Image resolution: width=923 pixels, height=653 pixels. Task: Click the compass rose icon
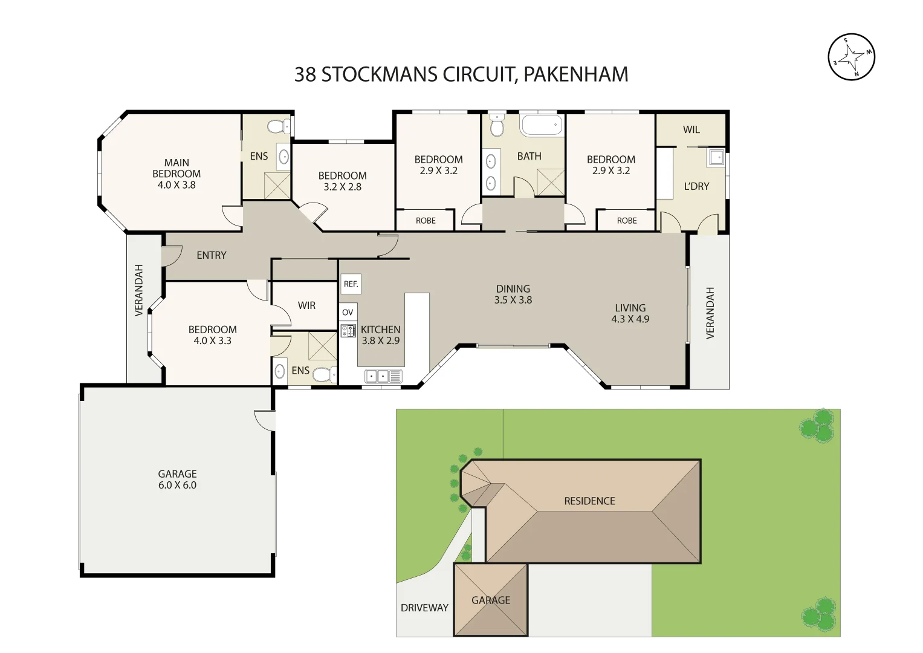pyautogui.click(x=851, y=57)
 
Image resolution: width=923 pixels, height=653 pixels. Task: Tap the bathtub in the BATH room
pyautogui.click(x=541, y=126)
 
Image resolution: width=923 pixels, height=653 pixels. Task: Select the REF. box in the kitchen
pyautogui.click(x=351, y=284)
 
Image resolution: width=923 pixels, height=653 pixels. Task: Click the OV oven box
pyautogui.click(x=348, y=312)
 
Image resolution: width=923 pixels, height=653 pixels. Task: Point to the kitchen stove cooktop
pyautogui.click(x=348, y=331)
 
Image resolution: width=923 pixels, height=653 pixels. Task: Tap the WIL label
pyautogui.click(x=691, y=129)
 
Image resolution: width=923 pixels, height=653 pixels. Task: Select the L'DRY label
pyautogui.click(x=696, y=186)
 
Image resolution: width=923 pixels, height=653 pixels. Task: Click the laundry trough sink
pyautogui.click(x=716, y=157)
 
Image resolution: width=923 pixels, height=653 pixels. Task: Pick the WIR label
pyautogui.click(x=306, y=305)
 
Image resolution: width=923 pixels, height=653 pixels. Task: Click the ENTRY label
pyautogui.click(x=212, y=255)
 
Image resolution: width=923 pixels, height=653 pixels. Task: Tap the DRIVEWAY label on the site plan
pyautogui.click(x=424, y=608)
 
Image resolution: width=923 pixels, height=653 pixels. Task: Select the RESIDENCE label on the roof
pyautogui.click(x=589, y=501)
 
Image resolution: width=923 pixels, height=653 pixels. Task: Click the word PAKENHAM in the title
pyautogui.click(x=575, y=74)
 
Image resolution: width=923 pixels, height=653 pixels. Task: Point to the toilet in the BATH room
pyautogui.click(x=497, y=126)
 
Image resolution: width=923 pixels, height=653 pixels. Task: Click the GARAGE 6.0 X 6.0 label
pyautogui.click(x=177, y=479)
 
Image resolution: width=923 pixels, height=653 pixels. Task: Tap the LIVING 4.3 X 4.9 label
pyautogui.click(x=630, y=313)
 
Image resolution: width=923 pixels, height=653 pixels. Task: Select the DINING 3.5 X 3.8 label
pyautogui.click(x=513, y=294)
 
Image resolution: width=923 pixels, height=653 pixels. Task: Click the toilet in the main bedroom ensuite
pyautogui.click(x=277, y=126)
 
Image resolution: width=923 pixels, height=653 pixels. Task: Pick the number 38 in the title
pyautogui.click(x=305, y=74)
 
